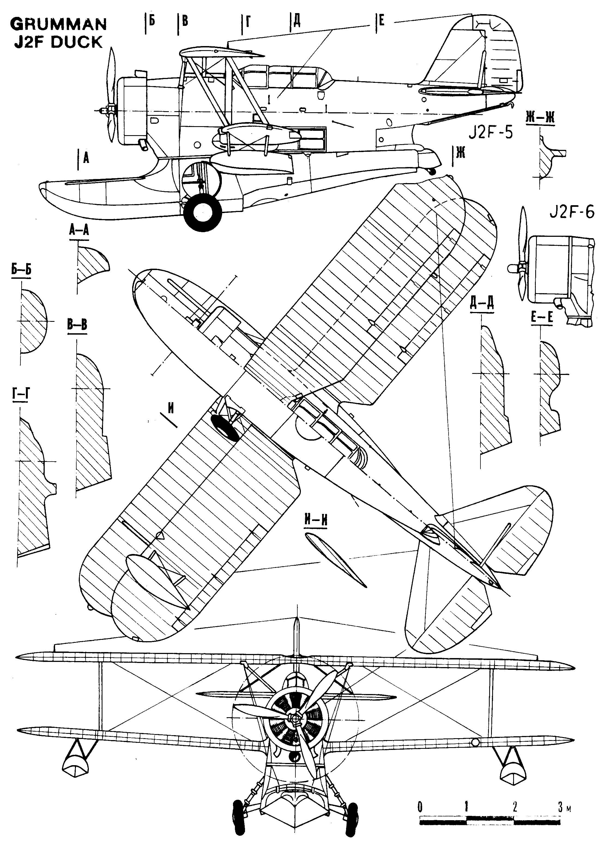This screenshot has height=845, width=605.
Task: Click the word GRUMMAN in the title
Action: click(59, 25)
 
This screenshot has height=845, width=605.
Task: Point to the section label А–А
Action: click(79, 230)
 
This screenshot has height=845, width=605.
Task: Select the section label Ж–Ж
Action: click(540, 118)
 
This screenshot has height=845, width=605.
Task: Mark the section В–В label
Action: click(77, 325)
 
